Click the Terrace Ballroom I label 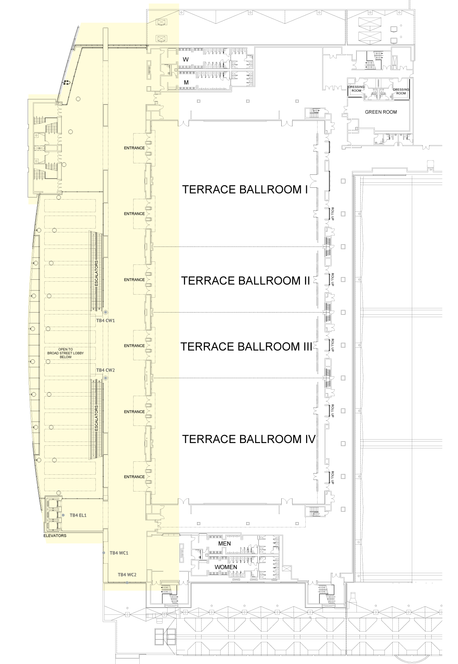245,190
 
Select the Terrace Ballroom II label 245,280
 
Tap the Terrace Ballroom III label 246,347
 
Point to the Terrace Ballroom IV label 249,439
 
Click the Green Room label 381,112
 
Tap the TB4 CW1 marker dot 106,313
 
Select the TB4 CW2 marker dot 106,378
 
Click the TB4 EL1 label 78,515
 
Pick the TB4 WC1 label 119,553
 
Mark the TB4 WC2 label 127,575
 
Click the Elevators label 55,536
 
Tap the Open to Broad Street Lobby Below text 66,353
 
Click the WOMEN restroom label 226,567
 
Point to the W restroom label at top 186,60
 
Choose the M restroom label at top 186,82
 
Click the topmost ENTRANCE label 134,148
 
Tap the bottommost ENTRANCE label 134,477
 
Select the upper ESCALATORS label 97,274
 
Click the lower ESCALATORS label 97,419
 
